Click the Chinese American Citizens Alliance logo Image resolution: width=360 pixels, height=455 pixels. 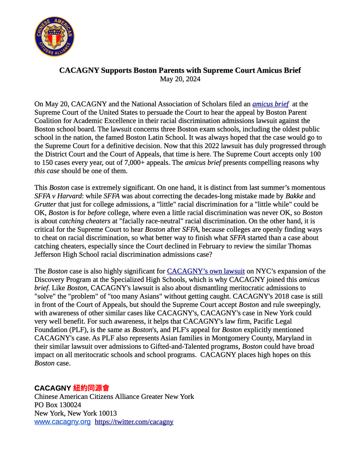pos(54,36)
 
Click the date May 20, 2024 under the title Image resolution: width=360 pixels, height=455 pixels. pos(180,79)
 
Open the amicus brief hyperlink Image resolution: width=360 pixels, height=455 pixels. pos(271,104)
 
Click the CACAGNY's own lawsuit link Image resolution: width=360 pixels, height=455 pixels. pos(206,271)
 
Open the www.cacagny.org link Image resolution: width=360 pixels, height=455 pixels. pos(63,422)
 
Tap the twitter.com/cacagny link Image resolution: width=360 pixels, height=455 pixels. pos(134,422)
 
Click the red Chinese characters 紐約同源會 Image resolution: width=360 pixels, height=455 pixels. pos(91,388)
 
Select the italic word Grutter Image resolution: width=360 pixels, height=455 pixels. pos(45,204)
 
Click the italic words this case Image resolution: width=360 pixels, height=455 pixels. pos(47,171)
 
